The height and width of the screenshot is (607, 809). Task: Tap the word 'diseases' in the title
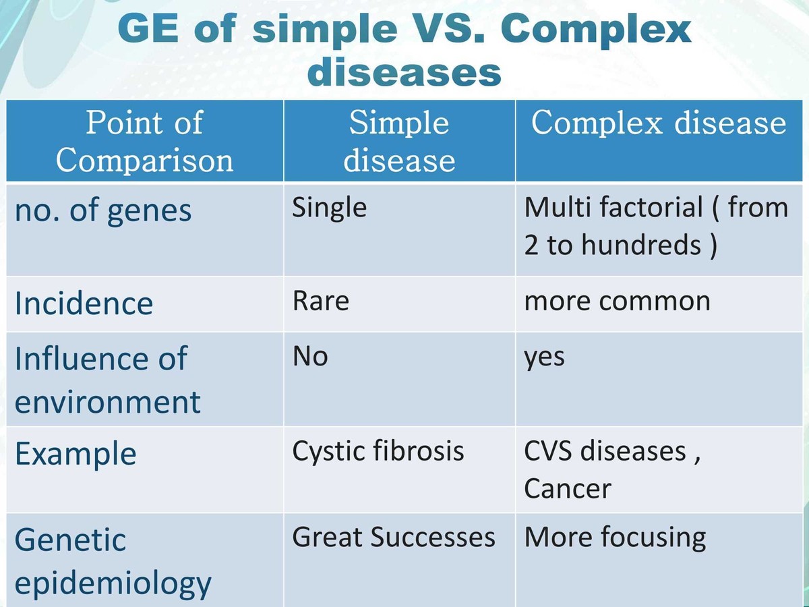[404, 73]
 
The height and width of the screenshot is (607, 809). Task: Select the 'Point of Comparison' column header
[144, 142]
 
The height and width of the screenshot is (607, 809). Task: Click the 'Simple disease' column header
[399, 142]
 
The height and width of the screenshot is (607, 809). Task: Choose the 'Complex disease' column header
[659, 123]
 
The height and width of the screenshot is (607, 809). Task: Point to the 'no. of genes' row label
[103, 210]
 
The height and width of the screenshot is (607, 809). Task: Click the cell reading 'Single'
[329, 207]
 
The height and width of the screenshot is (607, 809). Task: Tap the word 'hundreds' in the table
[641, 245]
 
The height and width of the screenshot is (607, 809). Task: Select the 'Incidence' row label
[84, 303]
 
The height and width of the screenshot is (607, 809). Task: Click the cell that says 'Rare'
[320, 301]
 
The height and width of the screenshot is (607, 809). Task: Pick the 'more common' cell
[617, 301]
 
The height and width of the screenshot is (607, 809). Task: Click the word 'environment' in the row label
[108, 403]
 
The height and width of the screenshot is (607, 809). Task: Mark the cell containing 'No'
[310, 356]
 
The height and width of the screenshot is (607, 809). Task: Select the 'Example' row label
[76, 454]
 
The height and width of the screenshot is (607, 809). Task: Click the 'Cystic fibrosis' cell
[378, 451]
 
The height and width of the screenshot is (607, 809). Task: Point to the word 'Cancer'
[567, 488]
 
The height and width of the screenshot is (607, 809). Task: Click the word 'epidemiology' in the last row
[113, 583]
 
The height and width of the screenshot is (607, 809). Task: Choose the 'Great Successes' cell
[393, 538]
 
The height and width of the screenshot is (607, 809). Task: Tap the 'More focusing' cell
[615, 538]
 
